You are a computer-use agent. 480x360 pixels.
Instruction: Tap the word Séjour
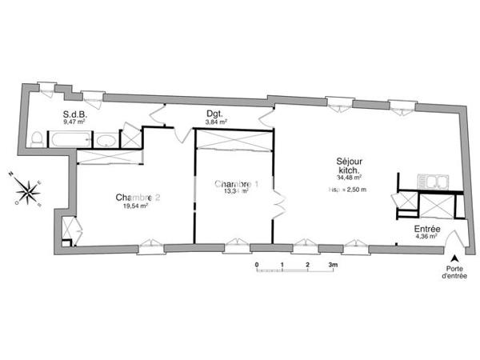coord(350,160)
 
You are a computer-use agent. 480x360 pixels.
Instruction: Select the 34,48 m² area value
coord(350,178)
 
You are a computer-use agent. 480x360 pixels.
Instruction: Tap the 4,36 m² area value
coord(426,238)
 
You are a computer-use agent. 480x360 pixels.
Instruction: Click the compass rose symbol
coord(27,190)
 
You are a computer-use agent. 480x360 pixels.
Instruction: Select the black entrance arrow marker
coord(454,258)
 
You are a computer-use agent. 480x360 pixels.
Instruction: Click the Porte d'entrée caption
coord(454,272)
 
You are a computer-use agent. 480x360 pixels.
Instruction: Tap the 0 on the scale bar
coord(257,263)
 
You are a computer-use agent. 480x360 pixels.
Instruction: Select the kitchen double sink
coord(434,182)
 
